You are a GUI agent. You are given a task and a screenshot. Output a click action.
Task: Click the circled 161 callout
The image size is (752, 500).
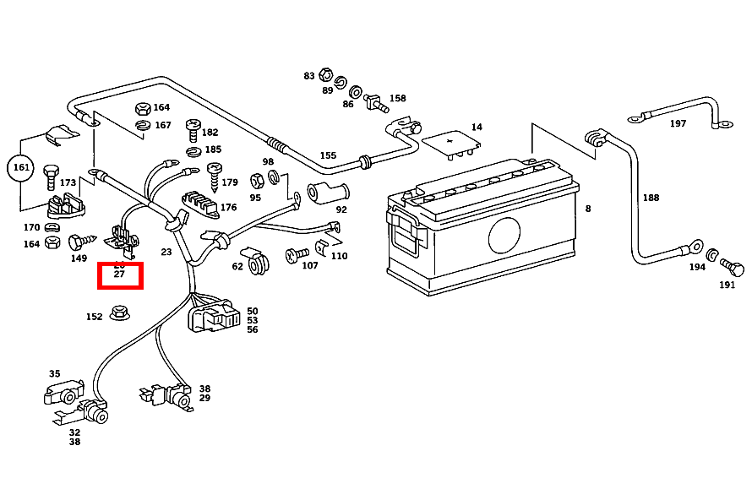[x=21, y=168]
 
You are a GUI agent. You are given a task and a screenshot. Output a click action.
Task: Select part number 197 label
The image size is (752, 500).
[x=678, y=124]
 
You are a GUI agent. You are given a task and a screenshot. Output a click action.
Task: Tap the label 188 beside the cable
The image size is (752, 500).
[x=651, y=198]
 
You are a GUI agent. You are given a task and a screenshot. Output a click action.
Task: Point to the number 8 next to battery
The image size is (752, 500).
[x=587, y=209]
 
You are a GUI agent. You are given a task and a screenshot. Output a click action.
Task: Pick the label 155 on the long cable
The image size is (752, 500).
[x=328, y=155]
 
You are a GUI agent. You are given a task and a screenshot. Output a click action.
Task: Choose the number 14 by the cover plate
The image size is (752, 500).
[x=477, y=128]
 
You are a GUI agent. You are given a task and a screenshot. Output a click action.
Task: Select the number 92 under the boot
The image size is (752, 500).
[x=341, y=209]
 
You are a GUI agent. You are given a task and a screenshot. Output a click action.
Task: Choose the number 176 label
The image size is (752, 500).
[x=229, y=207]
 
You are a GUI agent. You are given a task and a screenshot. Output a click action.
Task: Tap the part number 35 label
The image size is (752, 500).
[x=54, y=373]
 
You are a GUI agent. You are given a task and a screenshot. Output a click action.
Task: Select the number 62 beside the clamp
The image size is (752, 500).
[x=237, y=267]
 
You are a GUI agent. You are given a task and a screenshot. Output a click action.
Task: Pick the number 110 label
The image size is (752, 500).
[x=339, y=256]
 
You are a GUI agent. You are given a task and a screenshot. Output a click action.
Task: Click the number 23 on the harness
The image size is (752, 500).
[x=166, y=252]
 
